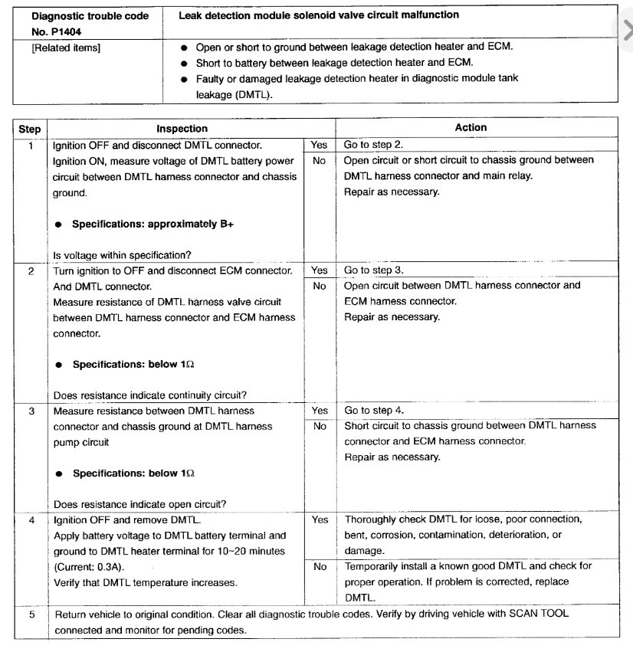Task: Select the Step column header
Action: (x=29, y=129)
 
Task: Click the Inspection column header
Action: (x=182, y=129)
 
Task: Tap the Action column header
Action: (x=471, y=128)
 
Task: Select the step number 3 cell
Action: (x=30, y=411)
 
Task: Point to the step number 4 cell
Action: (x=30, y=520)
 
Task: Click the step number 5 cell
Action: (x=30, y=614)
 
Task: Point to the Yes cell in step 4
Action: (x=320, y=519)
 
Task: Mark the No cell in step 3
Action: (x=320, y=426)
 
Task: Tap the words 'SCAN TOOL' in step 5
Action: (x=542, y=614)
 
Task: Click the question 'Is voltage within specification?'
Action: (x=122, y=255)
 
